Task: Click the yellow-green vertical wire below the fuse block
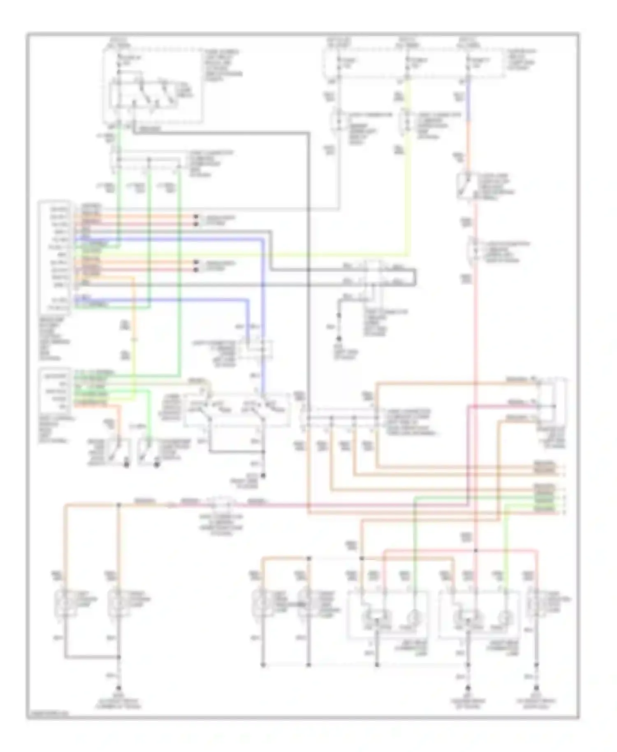tap(407, 123)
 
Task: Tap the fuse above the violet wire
tap(468, 63)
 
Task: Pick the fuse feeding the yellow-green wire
tap(407, 63)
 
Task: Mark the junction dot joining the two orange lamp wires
tap(119, 504)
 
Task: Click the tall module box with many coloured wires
tap(56, 257)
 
